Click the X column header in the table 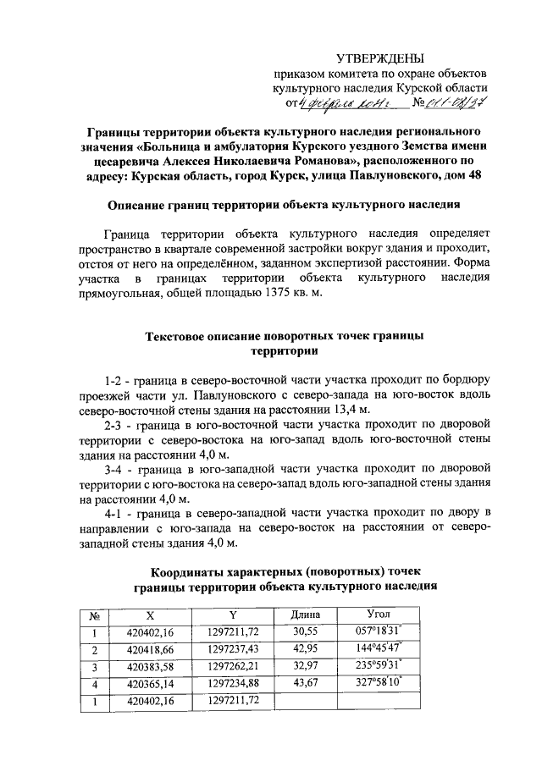[150, 614]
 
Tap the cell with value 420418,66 [150, 649]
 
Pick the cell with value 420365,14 [150, 684]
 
